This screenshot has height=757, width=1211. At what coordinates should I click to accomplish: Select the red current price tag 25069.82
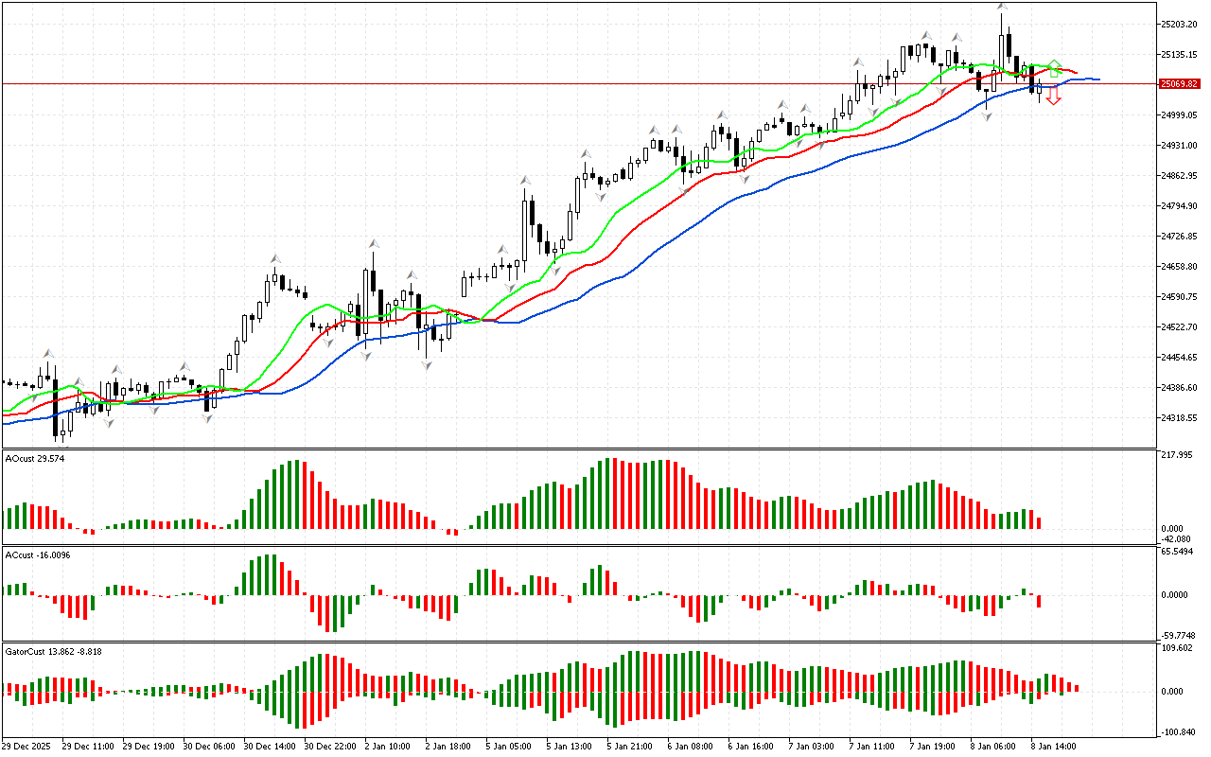pos(1180,84)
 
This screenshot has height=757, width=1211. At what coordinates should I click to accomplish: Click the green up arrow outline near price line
pos(1054,68)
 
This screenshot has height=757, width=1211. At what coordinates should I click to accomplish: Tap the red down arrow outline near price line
pos(1053,97)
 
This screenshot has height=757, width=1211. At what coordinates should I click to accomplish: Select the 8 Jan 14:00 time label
pos(1054,746)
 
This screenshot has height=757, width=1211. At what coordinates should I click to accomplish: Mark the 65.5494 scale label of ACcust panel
pos(1180,552)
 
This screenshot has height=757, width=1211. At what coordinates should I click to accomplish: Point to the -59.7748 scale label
pos(1181,635)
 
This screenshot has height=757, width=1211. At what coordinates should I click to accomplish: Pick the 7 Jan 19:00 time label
pos(932,746)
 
